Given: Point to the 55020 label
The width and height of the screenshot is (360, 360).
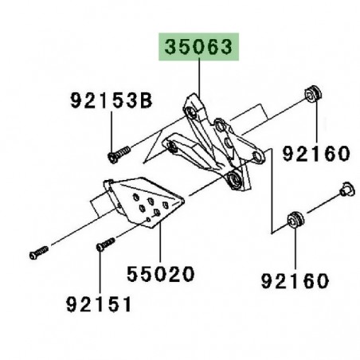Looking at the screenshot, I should coord(161,276).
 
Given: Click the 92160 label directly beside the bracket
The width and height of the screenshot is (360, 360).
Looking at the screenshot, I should coord(316,153).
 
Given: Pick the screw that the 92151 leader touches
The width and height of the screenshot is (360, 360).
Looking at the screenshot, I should coord(102,246).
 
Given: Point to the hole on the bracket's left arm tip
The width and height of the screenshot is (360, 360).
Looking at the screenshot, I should coord(169,146).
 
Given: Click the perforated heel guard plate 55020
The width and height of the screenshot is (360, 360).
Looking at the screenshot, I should coord(143,206).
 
